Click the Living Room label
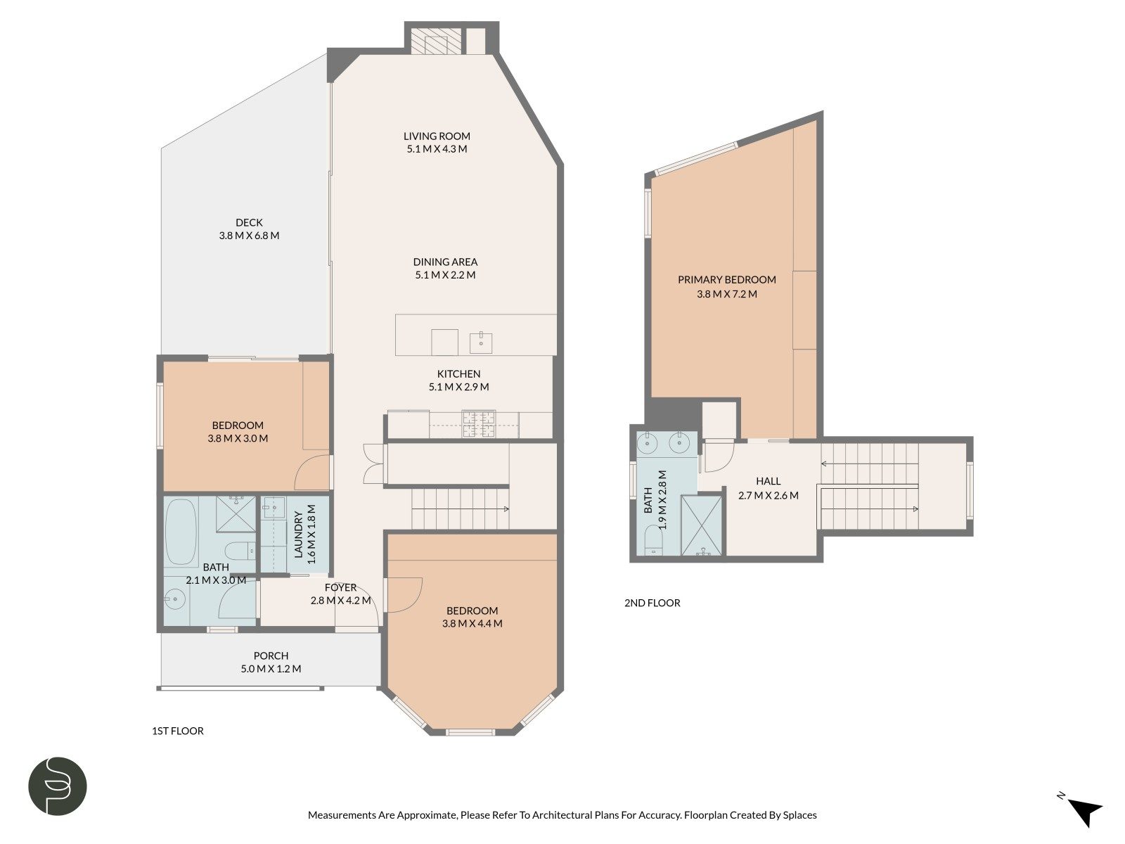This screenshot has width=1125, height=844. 437,136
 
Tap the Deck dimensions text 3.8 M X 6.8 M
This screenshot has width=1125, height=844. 249,236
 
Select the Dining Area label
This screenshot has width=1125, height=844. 445,262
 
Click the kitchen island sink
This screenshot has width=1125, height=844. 481,343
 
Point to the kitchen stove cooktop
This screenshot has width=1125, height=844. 479,424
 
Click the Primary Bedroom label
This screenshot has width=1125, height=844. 727,280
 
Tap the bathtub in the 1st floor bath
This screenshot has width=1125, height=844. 181,532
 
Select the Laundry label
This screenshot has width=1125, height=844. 299,534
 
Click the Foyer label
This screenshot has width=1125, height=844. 340,588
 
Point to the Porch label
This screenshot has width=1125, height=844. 271,656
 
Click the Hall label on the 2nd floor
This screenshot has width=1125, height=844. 769,481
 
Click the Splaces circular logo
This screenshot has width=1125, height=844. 58,786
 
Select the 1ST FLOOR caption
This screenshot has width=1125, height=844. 178,731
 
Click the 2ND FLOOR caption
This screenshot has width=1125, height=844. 652,603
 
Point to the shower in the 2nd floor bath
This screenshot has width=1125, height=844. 701,525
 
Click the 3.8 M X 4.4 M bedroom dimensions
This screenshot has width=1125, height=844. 472,624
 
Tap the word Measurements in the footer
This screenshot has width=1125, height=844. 339,814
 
